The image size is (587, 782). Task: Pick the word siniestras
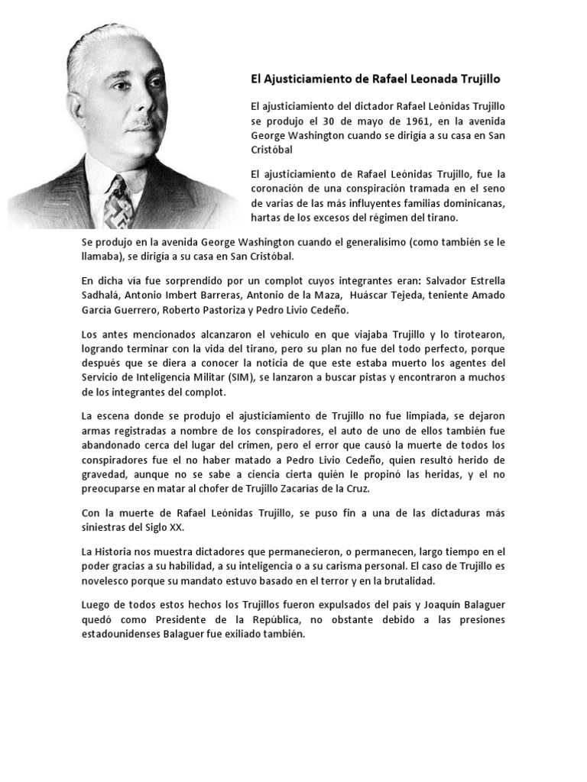click(105, 527)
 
